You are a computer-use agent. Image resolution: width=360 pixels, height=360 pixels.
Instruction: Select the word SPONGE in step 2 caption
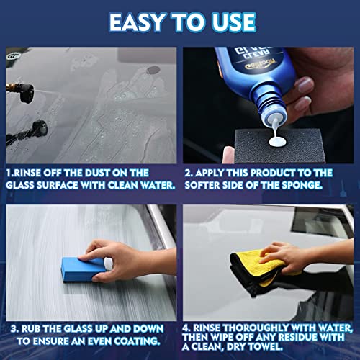click(318, 186)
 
